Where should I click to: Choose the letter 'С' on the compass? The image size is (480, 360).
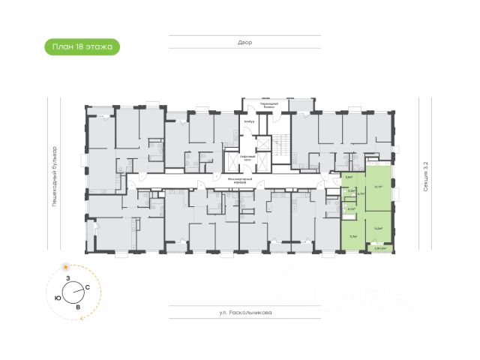(x=88, y=288)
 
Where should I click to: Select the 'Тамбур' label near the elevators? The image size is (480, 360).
(x=250, y=121)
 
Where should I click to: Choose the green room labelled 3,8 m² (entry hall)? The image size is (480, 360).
(x=349, y=180)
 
